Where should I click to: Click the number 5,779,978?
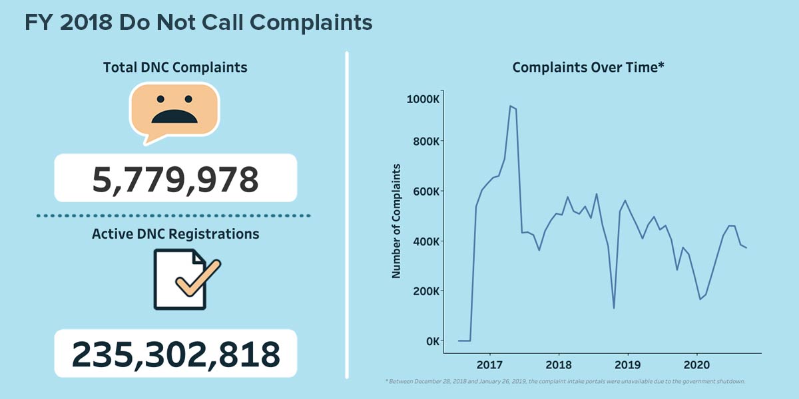175,178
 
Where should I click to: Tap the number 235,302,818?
175,354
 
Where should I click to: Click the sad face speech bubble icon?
174,110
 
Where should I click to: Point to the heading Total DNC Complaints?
175,67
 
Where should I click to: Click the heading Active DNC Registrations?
175,234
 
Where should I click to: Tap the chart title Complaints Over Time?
589,67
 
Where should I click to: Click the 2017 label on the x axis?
490,365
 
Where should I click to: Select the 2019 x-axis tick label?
627,365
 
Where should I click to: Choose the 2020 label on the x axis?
696,365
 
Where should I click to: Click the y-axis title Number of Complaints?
396,220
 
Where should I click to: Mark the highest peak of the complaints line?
510,106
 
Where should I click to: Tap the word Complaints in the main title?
310,23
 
